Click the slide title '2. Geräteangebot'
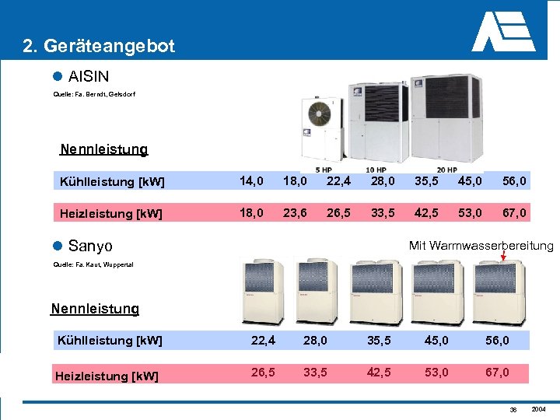[99, 46]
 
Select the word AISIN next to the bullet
[89, 76]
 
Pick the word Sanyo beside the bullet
[90, 246]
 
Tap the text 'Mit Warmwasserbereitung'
[481, 246]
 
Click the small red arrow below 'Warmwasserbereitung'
[504, 254]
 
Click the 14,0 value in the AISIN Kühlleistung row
[251, 181]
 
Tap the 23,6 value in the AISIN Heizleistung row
[295, 212]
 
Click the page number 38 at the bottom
[513, 410]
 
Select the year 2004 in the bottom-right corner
[539, 409]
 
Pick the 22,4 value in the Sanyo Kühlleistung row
[264, 340]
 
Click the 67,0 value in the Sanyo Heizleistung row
[498, 373]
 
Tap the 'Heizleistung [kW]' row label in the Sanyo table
[107, 376]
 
